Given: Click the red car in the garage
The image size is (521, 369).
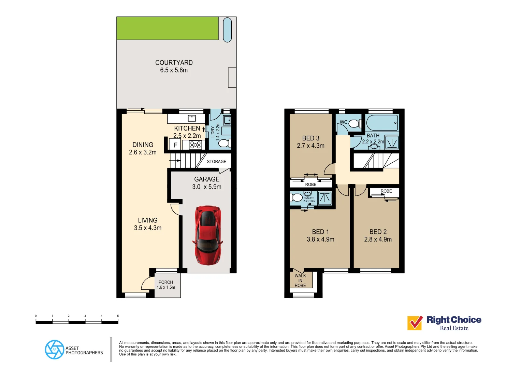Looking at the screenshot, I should pos(207,235).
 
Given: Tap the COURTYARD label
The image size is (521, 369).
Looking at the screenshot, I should pos(174,63).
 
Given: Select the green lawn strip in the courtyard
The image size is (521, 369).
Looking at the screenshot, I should pos(167,28).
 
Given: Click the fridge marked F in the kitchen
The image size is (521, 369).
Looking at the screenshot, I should pos(175,145).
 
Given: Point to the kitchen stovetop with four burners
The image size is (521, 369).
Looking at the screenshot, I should pos(196,145).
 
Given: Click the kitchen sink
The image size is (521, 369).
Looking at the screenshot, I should pos(192,119).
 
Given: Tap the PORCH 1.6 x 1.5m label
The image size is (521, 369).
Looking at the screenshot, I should pos(166,285).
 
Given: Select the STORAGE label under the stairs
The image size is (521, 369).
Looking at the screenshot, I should pos(216,162).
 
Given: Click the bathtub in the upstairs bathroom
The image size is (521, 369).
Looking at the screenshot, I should pos(382,123).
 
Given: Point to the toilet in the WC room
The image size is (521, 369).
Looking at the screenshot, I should pos(355,123).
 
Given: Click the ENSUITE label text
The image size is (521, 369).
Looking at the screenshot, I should pos(309,198).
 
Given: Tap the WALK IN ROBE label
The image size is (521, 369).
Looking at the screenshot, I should pos(300,281).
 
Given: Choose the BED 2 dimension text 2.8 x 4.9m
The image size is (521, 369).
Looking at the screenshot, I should pos(378,240).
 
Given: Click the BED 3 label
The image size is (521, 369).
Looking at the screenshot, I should pos(310,138).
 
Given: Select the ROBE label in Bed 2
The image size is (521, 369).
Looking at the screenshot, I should pos(386,191).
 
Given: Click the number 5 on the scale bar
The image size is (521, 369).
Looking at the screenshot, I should pos(118,316).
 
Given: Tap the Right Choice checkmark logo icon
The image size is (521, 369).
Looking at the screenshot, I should pos(415,323).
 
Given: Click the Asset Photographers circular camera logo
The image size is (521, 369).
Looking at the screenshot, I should pos(55,350).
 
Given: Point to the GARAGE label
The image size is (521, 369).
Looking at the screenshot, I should pos(207,179).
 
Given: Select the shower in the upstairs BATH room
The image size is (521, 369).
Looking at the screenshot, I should pos(392,142).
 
